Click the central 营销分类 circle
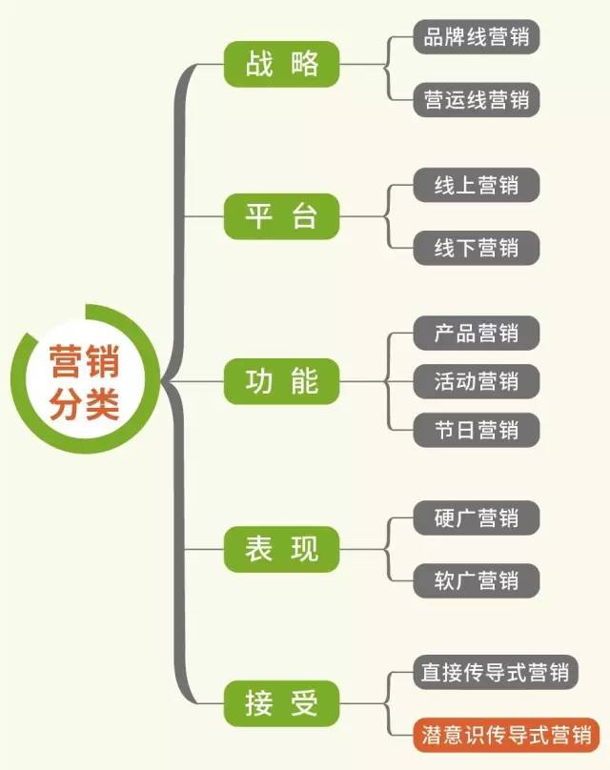pyautogui.click(x=84, y=382)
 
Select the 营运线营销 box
pyautogui.click(x=477, y=99)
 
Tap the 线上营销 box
pyautogui.click(x=477, y=184)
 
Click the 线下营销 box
pyautogui.click(x=477, y=247)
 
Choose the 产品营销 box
pyautogui.click(x=477, y=333)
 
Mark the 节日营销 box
pyautogui.click(x=477, y=429)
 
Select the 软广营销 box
pyautogui.click(x=477, y=579)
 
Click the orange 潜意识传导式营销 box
pyautogui.click(x=506, y=736)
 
